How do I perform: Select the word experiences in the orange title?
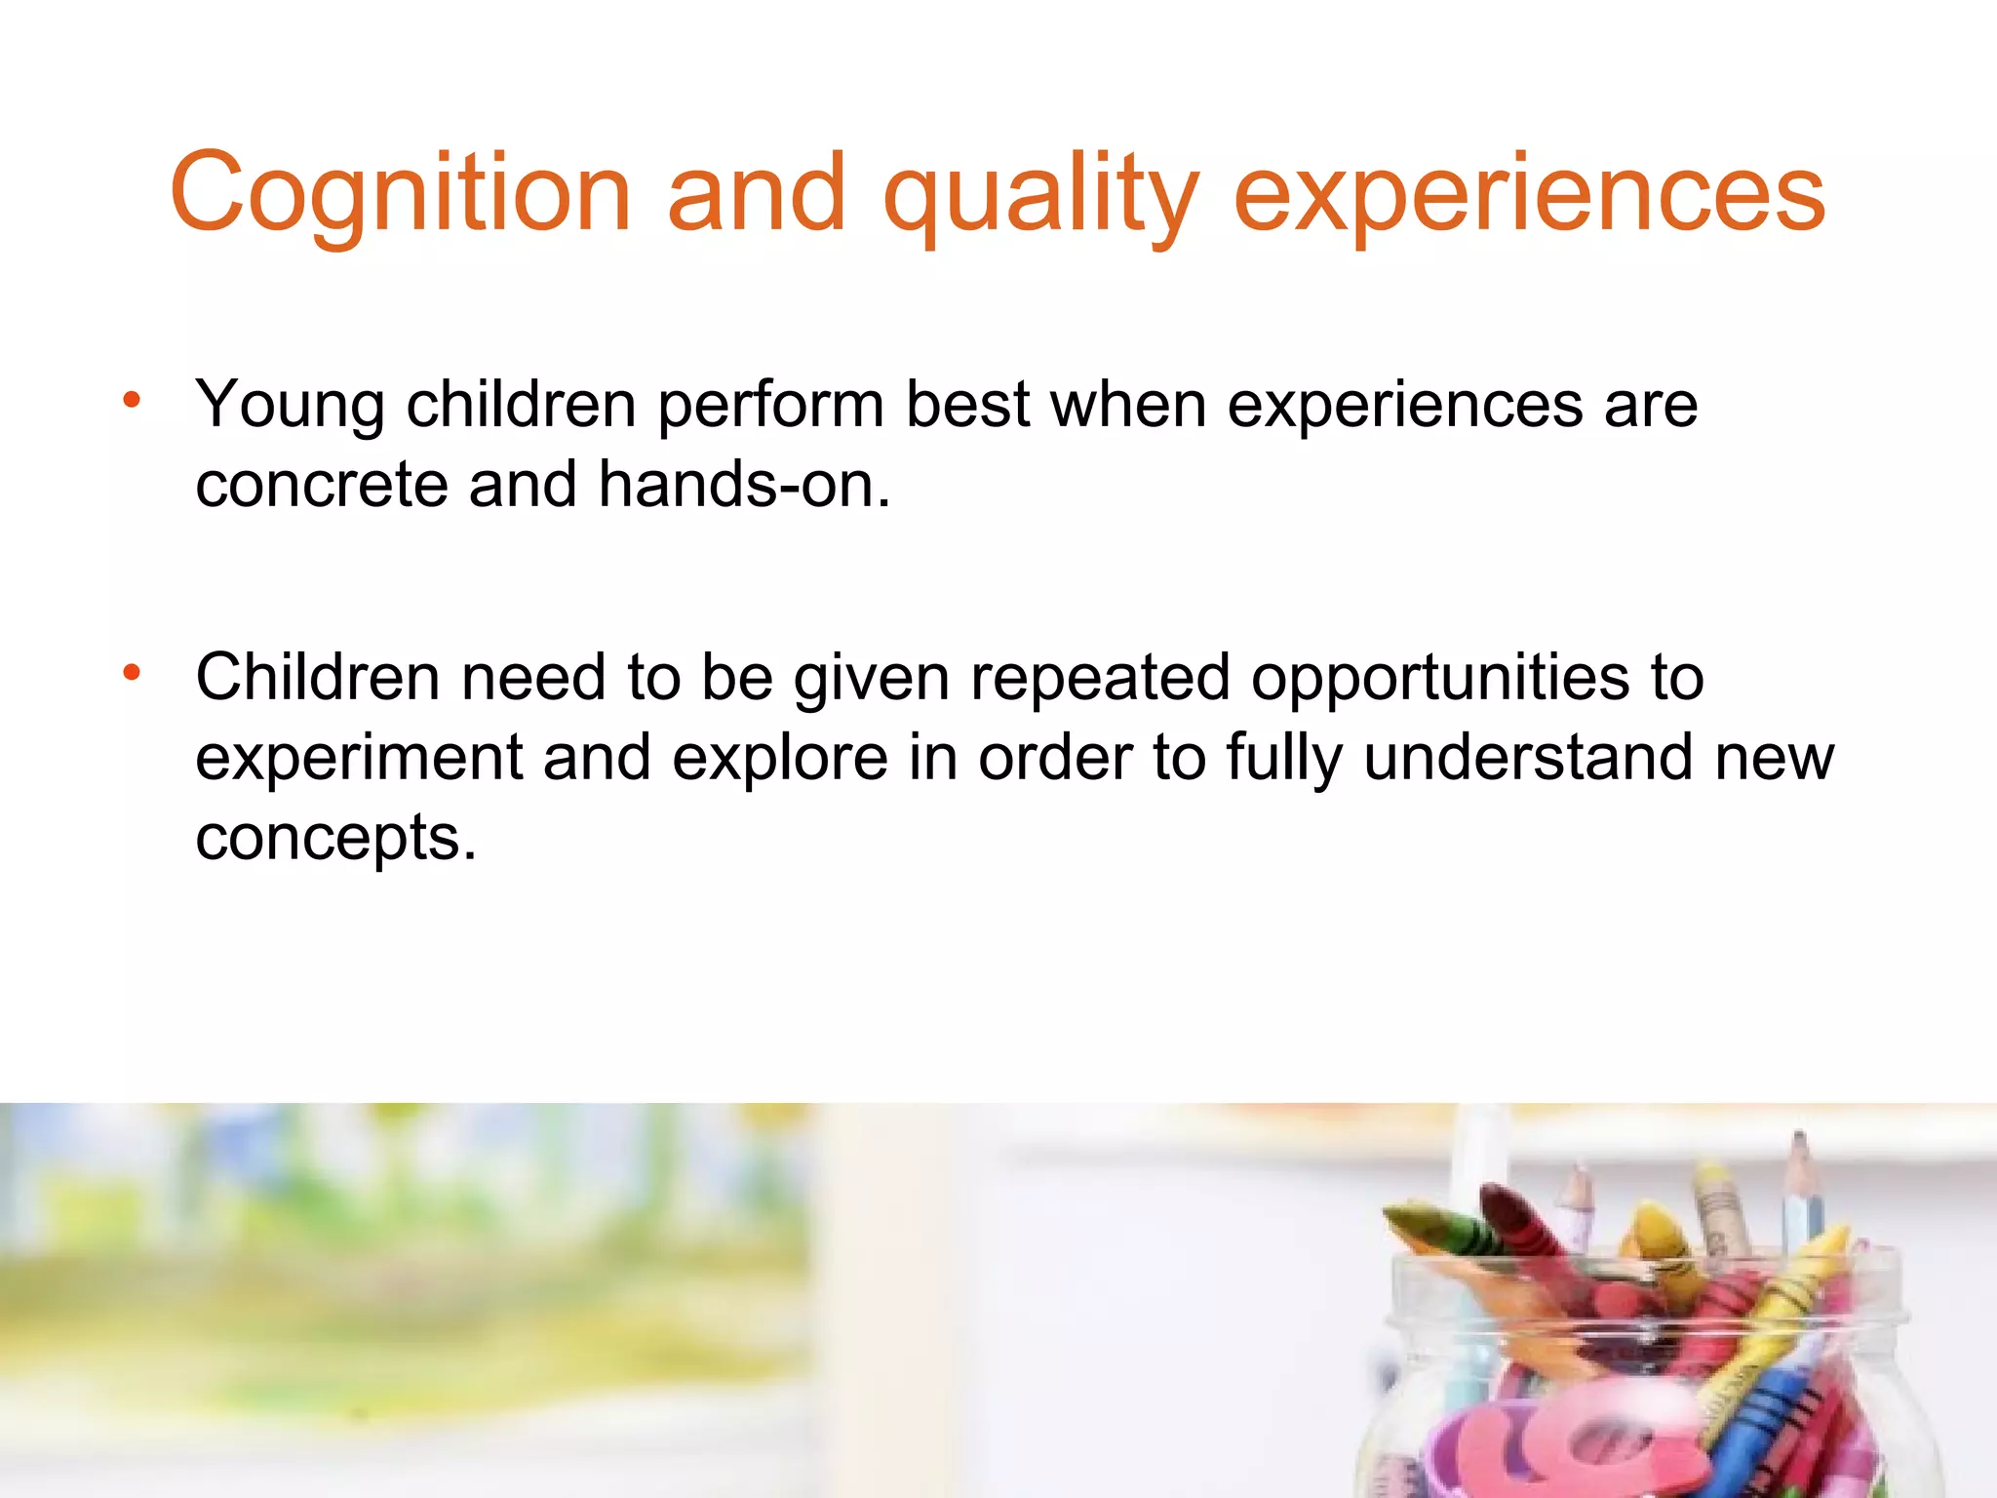pos(1529,195)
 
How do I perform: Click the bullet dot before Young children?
pos(132,400)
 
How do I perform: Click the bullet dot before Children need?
pos(132,672)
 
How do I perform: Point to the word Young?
pos(290,405)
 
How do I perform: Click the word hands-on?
pos(744,484)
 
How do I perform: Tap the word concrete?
pos(321,484)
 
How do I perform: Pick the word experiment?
pos(359,758)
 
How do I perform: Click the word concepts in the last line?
pos(335,837)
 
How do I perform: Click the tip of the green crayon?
pos(1396,1215)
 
